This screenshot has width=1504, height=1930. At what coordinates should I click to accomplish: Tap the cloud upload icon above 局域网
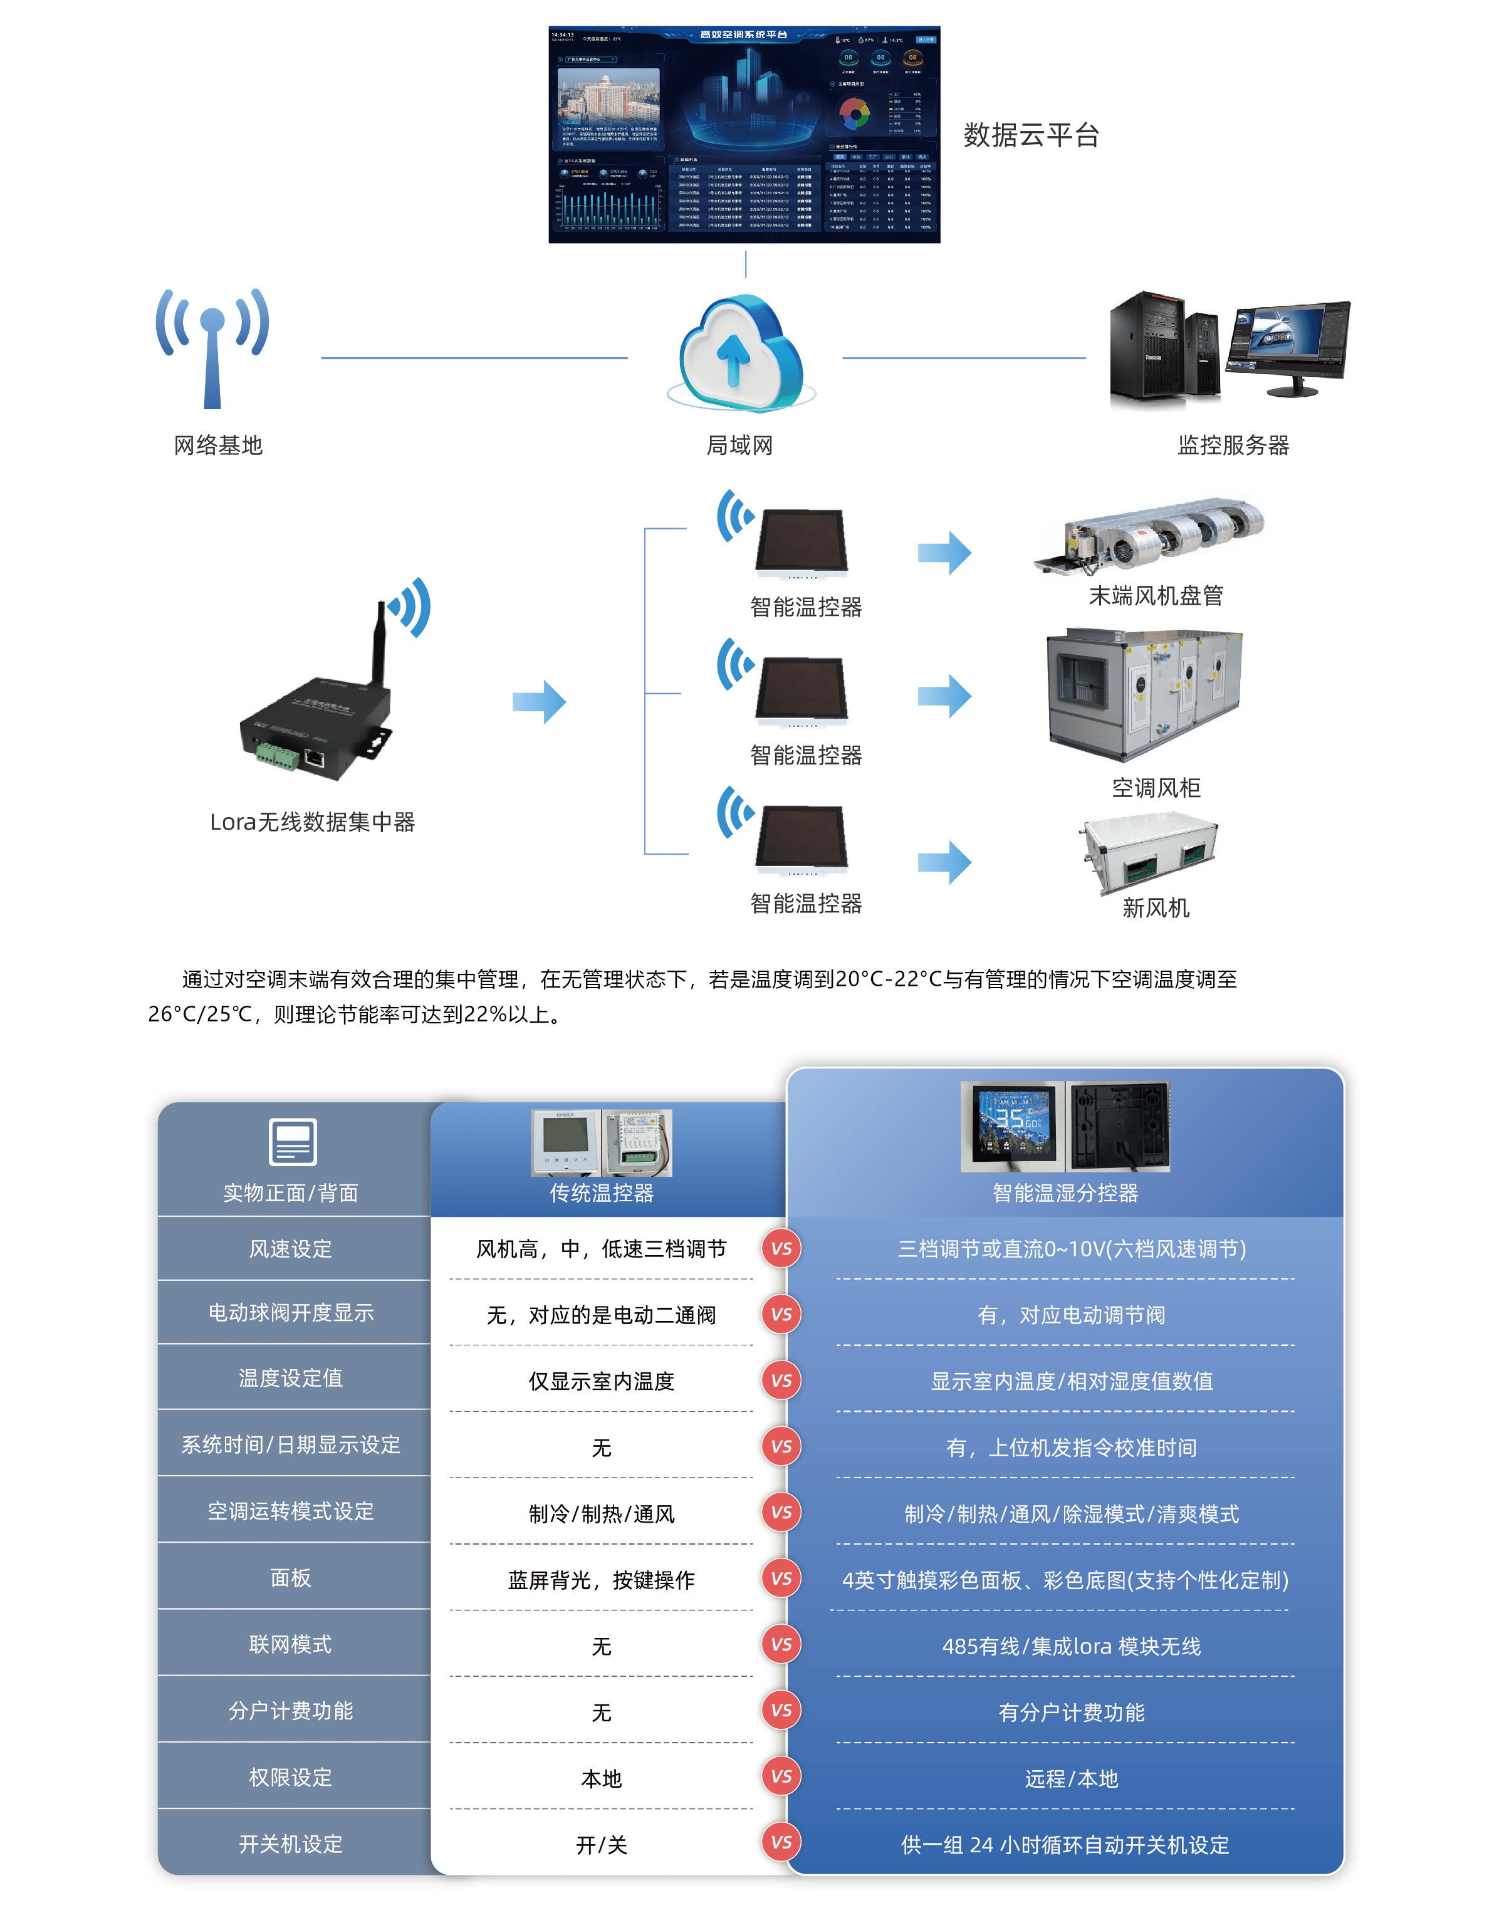pyautogui.click(x=738, y=353)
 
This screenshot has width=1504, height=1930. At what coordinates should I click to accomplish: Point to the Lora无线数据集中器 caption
pyautogui.click(x=312, y=822)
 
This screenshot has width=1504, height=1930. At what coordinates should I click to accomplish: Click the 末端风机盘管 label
pyautogui.click(x=1155, y=596)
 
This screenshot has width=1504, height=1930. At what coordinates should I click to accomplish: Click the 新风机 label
pyautogui.click(x=1155, y=907)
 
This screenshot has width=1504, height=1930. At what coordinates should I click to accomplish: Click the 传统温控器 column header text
pyautogui.click(x=601, y=1193)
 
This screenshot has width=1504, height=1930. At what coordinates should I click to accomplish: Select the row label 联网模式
pyautogui.click(x=290, y=1644)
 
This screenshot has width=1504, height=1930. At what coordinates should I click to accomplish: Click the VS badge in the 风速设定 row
pyautogui.click(x=781, y=1249)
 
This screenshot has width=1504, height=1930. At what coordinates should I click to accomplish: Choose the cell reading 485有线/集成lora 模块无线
pyautogui.click(x=1071, y=1646)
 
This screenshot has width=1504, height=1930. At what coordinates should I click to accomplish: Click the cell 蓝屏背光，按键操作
pyautogui.click(x=601, y=1580)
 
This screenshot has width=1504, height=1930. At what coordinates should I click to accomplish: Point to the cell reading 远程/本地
pyautogui.click(x=1071, y=1779)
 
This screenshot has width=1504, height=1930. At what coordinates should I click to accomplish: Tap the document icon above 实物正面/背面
pyautogui.click(x=293, y=1142)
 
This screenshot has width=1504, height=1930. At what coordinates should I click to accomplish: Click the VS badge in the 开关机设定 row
pyautogui.click(x=781, y=1842)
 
